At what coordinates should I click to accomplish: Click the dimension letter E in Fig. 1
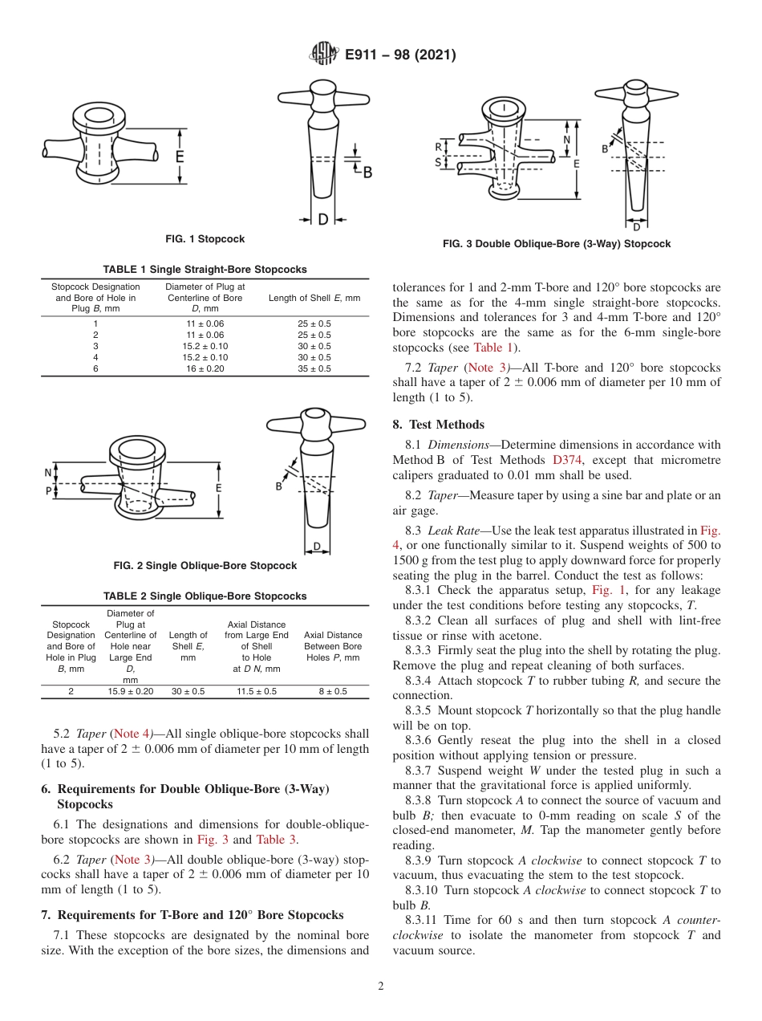180,157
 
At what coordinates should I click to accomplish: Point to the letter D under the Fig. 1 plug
322,218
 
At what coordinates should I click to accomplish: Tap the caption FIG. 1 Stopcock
205,239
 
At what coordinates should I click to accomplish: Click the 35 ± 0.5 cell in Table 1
314,368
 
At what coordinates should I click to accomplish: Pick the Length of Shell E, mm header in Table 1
314,298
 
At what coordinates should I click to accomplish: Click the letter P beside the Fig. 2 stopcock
48,490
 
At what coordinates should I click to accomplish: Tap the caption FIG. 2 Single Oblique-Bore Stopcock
205,566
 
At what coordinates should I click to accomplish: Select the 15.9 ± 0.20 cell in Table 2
131,691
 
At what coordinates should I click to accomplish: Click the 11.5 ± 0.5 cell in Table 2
256,691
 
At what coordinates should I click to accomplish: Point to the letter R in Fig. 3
438,147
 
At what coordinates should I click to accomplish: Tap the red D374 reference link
569,460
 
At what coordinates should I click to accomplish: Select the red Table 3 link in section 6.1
275,840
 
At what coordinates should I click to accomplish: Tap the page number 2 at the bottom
381,986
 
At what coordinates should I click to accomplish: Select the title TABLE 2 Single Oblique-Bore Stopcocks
205,596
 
